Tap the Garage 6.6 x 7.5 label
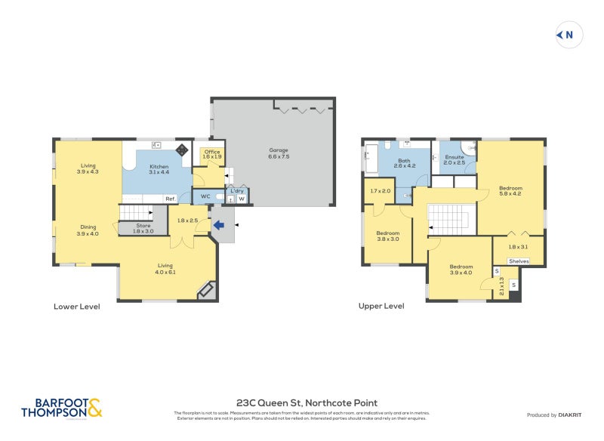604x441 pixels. click(279, 154)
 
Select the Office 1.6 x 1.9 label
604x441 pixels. click(212, 155)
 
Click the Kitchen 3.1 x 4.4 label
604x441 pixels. click(159, 170)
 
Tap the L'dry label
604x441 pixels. click(236, 191)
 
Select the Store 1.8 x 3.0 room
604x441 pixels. click(143, 229)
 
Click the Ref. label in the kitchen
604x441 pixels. click(171, 199)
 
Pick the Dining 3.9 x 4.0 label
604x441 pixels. click(88, 230)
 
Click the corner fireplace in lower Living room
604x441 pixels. click(205, 291)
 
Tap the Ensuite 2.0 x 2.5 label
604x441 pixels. click(454, 159)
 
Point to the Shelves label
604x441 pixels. click(519, 261)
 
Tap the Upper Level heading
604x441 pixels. click(381, 307)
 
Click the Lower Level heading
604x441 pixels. click(76, 307)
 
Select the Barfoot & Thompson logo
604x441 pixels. click(60, 409)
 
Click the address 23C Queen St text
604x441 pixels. click(307, 403)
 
